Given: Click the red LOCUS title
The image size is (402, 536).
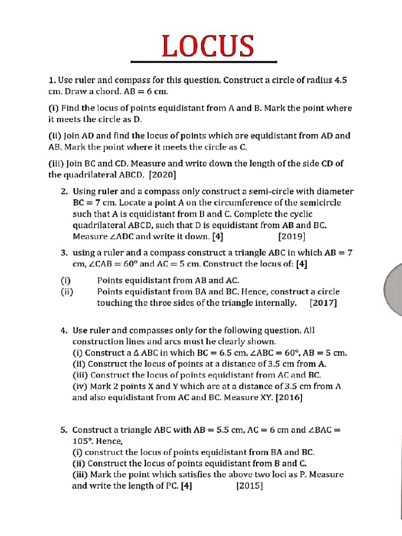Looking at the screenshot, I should coord(207,46).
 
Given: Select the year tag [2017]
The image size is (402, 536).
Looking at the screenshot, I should coord(323,303).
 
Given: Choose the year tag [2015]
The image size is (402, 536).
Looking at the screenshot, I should coord(249,486).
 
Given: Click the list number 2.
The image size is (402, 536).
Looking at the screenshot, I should coord(63,192).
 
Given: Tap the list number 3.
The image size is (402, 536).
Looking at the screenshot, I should coord(63,252).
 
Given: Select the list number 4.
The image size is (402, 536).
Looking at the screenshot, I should coord(63,331).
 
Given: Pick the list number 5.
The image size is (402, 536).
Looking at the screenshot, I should coord(63,430).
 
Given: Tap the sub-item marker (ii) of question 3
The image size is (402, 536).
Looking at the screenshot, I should coord(66,292).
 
